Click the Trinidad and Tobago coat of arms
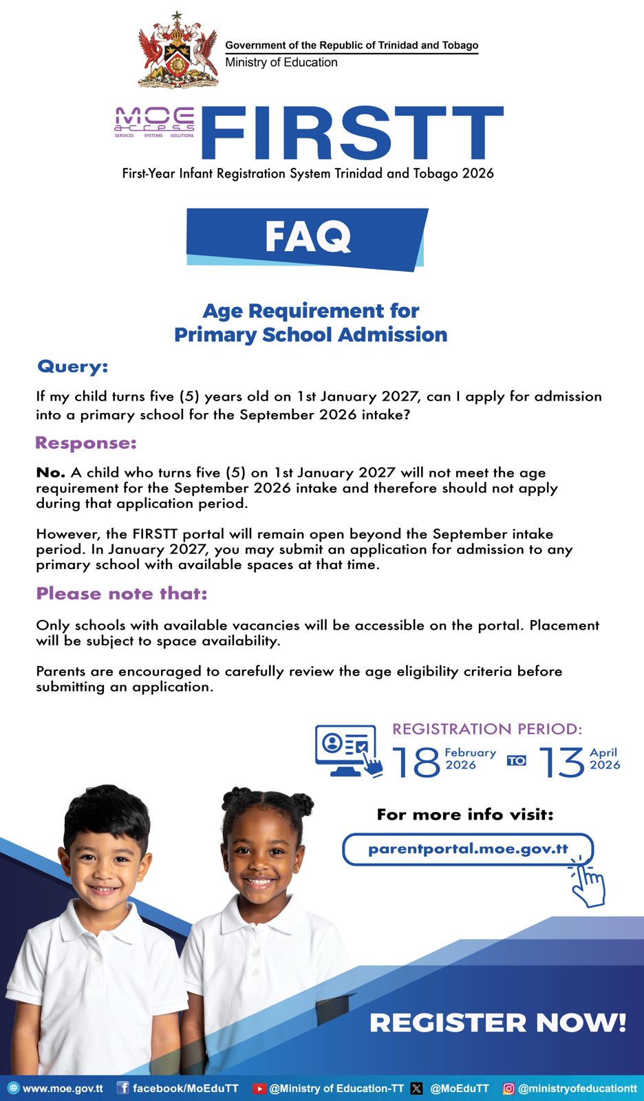[178, 51]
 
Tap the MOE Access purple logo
[155, 122]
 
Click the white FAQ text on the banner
[308, 237]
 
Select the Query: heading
[72, 366]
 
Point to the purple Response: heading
[86, 443]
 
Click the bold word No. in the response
[50, 473]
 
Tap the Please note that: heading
[121, 593]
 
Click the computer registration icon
[347, 751]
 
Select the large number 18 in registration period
[416, 762]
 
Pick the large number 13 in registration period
[562, 762]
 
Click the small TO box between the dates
[517, 760]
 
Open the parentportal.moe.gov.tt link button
[467, 849]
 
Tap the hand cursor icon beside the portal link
[588, 883]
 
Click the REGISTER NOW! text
[497, 1023]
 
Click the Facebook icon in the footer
[122, 1088]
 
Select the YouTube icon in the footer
[259, 1089]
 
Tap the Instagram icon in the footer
[508, 1089]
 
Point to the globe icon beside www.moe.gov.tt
[13, 1088]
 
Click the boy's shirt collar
[103, 922]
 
